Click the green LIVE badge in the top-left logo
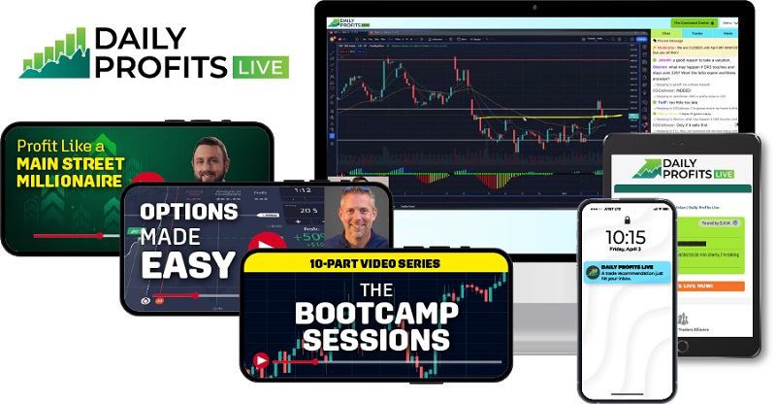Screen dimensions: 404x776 pos(258,67)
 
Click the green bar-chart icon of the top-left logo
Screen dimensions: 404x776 pos(53,54)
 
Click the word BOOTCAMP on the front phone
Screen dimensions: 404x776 pos(374,313)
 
